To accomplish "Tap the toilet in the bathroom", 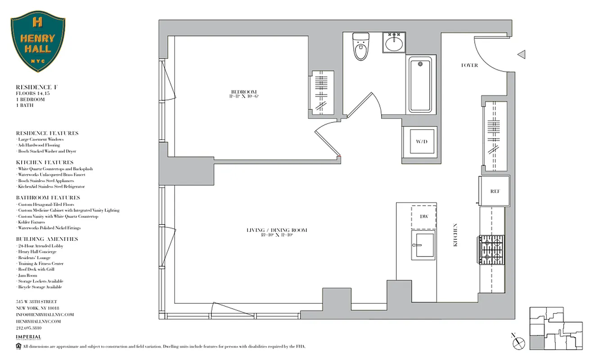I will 360,47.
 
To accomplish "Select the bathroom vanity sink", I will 395,43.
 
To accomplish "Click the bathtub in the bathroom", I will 420,85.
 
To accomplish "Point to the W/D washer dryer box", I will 421,142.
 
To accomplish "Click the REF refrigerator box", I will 494,191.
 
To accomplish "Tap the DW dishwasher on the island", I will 423,216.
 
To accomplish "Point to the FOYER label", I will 469,65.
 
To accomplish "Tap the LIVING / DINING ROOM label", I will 277,230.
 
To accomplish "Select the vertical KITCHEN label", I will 455,235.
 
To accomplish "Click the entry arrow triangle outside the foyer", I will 521,54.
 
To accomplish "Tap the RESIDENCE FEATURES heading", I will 47,133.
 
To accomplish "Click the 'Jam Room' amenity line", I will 28,275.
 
